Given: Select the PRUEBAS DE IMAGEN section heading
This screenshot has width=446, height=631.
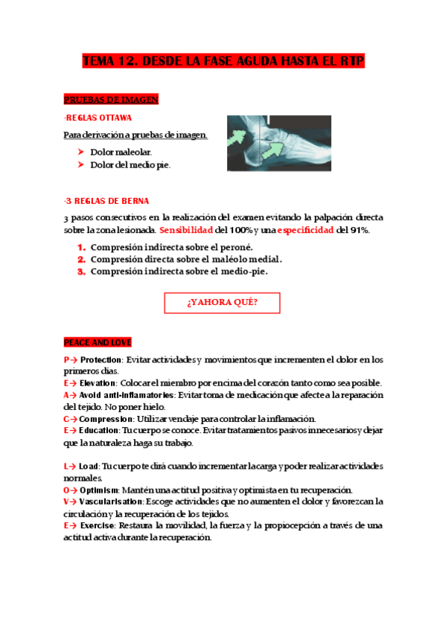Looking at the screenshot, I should (111, 100).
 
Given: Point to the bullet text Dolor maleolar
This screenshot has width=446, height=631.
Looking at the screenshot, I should (121, 152).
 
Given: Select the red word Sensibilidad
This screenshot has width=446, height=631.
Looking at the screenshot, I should (186, 230).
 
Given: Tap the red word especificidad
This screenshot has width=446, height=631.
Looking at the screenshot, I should (305, 230).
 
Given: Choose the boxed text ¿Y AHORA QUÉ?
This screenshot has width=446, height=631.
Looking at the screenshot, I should (222, 303).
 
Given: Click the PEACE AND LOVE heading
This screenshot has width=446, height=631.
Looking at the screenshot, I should (98, 342).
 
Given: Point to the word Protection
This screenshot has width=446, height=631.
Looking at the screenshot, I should (101, 359).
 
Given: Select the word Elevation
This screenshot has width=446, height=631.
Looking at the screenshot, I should (98, 382).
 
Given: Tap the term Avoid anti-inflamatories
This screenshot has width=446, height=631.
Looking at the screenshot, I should (125, 394).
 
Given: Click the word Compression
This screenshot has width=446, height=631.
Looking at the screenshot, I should (106, 419).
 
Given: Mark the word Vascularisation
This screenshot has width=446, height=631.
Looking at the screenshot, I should (111, 502).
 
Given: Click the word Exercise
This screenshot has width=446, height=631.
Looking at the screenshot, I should (98, 525).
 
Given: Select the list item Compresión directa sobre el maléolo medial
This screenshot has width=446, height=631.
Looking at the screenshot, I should (186, 259).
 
